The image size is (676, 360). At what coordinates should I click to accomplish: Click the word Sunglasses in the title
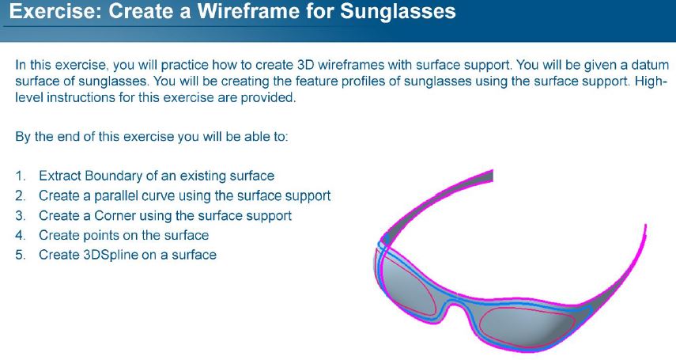point(398,11)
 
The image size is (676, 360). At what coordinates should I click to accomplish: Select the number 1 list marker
point(21,176)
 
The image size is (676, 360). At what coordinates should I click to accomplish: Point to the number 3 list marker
point(21,216)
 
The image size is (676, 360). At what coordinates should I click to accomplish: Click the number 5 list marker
point(21,255)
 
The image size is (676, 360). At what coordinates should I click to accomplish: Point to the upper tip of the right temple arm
point(645,226)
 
